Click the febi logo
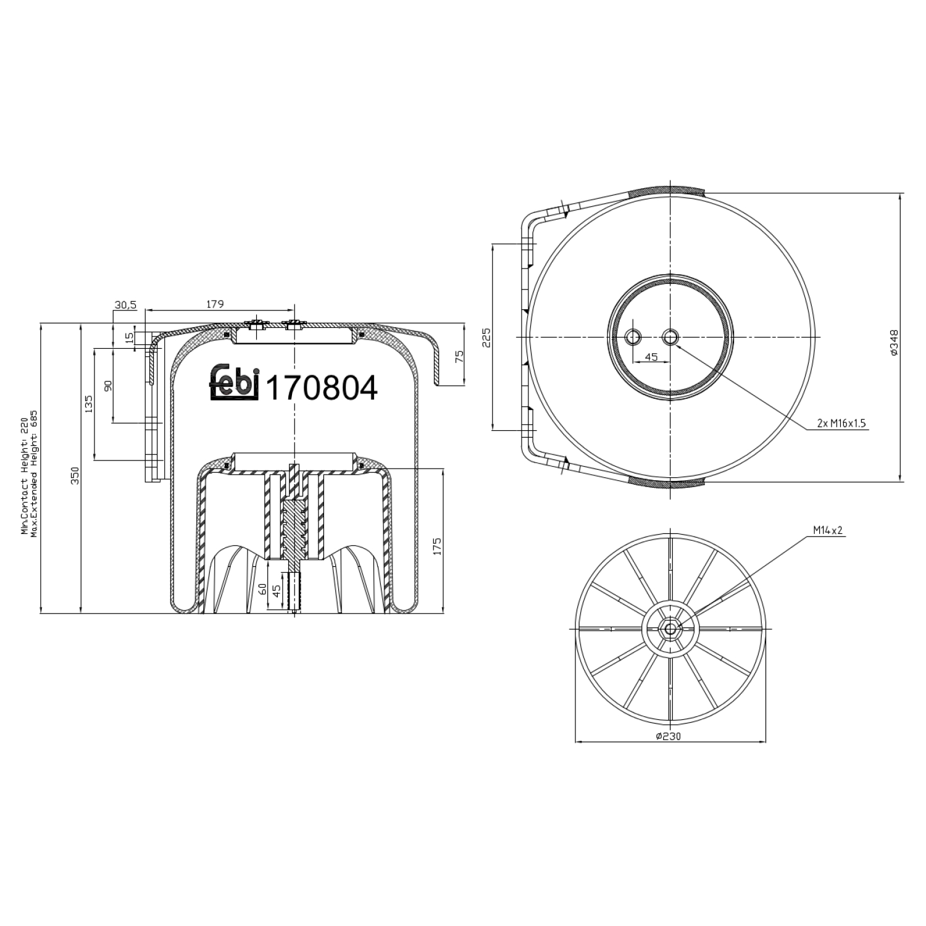(x=234, y=382)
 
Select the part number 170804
(x=321, y=388)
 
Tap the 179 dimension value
(x=214, y=304)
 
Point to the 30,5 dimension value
(x=125, y=304)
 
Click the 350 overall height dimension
(x=75, y=475)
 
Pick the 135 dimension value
(x=89, y=404)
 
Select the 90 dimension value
(x=108, y=386)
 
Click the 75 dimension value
(x=459, y=357)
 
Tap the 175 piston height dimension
(x=438, y=546)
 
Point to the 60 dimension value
(x=262, y=588)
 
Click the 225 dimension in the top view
(x=486, y=338)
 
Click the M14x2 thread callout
(x=827, y=530)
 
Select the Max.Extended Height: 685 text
(x=35, y=472)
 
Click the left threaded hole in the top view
(x=633, y=337)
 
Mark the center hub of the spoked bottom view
(x=670, y=628)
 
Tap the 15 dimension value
(x=128, y=338)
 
